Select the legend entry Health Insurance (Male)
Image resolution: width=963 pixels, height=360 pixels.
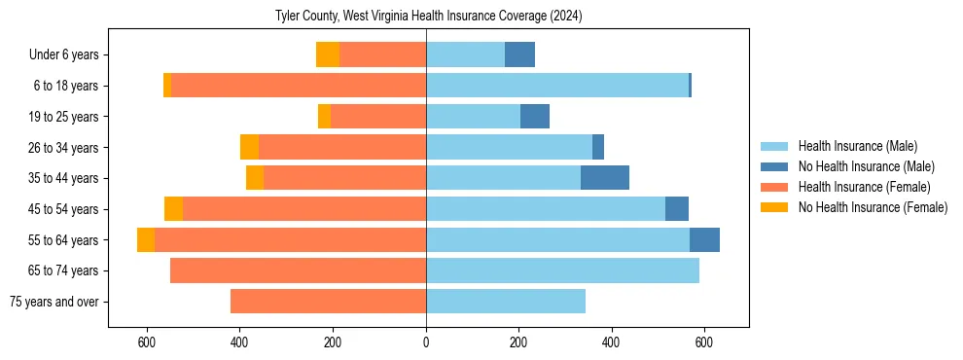click(857, 146)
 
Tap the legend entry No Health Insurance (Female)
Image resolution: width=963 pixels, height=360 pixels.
click(873, 207)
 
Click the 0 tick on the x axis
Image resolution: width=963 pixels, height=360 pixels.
click(426, 342)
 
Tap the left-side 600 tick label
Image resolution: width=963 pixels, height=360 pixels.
click(147, 342)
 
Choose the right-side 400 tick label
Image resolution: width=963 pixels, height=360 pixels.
click(611, 342)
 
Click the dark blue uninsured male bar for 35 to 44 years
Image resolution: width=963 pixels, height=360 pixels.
click(605, 178)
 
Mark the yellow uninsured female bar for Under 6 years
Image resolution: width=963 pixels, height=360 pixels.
click(328, 55)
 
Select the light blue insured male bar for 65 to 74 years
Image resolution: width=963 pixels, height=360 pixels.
click(562, 270)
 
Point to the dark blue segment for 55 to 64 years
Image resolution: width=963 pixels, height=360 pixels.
click(704, 239)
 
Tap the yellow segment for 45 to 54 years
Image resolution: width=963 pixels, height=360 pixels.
click(173, 209)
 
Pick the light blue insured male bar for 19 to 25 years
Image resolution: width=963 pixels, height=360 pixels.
click(473, 117)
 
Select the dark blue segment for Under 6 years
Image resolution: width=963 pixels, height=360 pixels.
click(519, 55)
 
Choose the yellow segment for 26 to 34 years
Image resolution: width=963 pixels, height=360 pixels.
click(249, 147)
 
